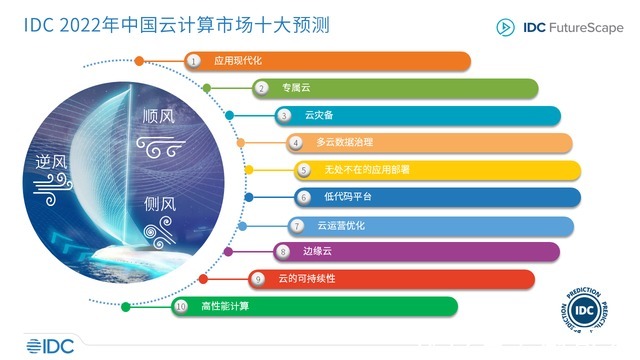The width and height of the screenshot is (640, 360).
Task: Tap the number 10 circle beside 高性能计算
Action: (181, 306)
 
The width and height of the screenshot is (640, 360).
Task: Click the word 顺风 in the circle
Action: (157, 118)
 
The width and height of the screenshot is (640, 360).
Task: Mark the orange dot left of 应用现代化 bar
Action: (139, 61)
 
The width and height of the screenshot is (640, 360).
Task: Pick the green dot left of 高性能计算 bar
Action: (126, 306)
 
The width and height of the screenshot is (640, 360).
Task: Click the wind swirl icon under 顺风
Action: (160, 148)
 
